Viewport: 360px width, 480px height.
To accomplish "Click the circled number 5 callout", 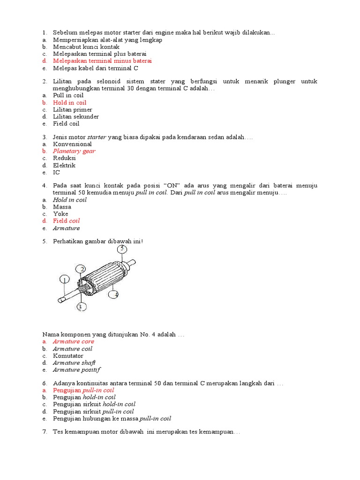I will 122,248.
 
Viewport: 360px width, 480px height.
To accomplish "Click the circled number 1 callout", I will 64,280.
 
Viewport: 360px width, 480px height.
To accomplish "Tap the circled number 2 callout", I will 82,269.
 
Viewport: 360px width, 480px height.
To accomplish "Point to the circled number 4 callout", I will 114,294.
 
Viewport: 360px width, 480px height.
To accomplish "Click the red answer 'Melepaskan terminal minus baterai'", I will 102,61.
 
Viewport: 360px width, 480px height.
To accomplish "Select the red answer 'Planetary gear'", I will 74,151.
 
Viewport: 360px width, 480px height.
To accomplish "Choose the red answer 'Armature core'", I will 73,342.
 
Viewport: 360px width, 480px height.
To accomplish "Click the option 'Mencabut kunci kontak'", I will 86,47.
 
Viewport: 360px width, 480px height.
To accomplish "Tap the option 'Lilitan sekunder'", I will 75,117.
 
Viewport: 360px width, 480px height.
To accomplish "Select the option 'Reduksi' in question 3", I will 64,158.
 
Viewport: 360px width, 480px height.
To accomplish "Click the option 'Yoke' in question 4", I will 60,214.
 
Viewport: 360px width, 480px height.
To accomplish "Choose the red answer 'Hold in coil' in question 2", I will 69,103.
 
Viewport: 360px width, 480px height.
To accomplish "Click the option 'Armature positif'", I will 76,370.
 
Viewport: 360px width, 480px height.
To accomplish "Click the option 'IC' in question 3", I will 56,172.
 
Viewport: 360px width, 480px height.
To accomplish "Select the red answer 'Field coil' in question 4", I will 66,221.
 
